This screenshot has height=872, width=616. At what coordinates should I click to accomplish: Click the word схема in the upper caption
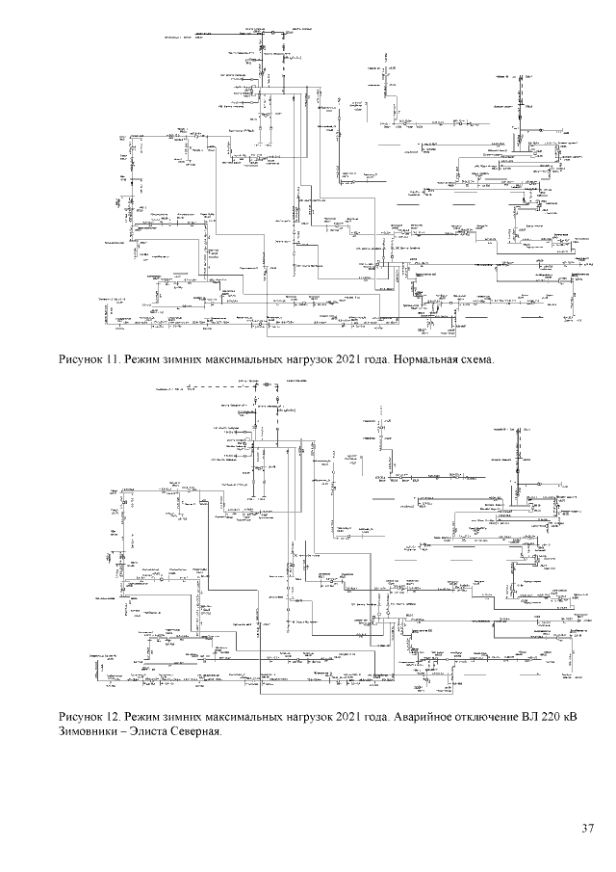coord(475,360)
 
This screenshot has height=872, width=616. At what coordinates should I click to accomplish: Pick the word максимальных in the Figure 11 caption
coord(241,360)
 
